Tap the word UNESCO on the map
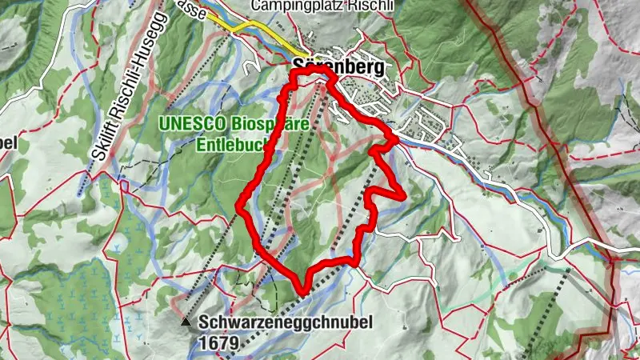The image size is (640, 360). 190,125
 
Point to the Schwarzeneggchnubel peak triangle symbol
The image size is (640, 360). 186,322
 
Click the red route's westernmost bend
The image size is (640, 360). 238,209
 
